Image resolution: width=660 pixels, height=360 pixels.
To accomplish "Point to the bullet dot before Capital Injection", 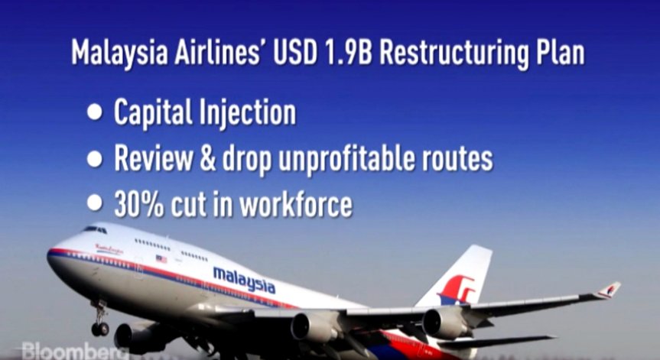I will pos(95,112).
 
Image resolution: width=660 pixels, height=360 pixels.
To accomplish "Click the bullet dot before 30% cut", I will pos(95,204).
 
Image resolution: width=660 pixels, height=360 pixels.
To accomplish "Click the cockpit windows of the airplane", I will pos(94,229).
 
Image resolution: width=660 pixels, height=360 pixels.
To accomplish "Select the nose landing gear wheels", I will pos(100,328).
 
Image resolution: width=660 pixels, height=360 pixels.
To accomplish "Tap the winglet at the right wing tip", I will pos(609,290).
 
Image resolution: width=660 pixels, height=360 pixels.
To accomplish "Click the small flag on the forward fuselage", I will pos(161,258).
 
